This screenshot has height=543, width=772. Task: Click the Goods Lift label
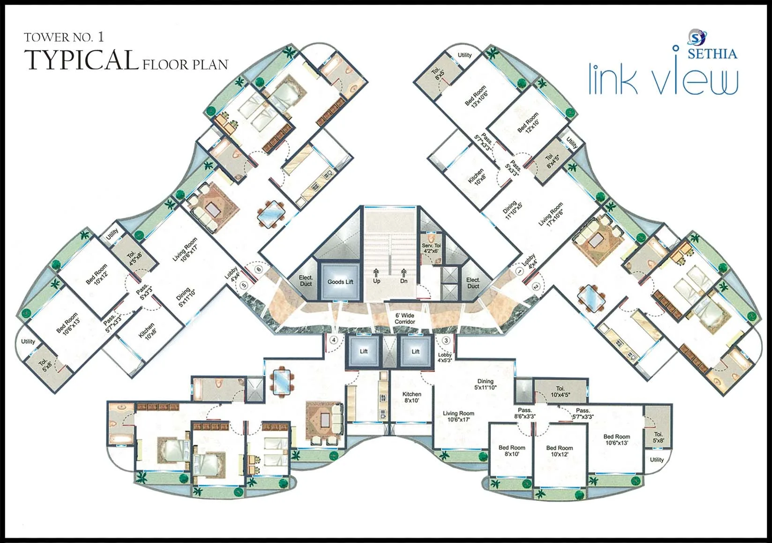coord(340,282)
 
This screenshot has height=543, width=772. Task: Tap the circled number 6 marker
coord(258,269)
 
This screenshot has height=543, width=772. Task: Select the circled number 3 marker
coord(446,340)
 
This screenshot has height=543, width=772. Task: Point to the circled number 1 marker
coord(519,271)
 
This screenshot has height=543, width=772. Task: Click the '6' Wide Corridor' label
coord(405,318)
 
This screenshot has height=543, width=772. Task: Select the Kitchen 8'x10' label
coord(412,397)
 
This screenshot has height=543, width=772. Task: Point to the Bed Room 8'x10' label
coord(511,451)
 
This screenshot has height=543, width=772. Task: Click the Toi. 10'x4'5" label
coord(560,392)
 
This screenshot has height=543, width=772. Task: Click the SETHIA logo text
coord(712,54)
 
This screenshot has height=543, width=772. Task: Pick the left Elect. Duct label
coord(306,281)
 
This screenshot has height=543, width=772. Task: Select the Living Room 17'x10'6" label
coord(551,214)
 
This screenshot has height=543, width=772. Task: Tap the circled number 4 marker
coord(334,340)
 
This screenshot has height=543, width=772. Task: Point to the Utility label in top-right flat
coord(465,55)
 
